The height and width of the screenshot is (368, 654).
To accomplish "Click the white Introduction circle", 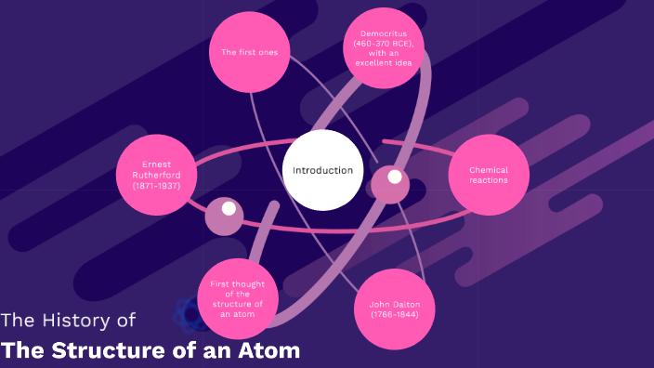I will [x=322, y=170].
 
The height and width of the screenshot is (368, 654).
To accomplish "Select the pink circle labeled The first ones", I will [x=249, y=53].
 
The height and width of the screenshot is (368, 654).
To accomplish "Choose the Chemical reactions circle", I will [x=489, y=175].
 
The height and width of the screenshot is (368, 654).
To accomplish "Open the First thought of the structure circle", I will [x=238, y=297].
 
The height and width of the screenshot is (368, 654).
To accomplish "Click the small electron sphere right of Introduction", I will [x=392, y=180].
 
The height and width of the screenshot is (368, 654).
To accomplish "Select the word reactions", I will [x=489, y=180].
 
